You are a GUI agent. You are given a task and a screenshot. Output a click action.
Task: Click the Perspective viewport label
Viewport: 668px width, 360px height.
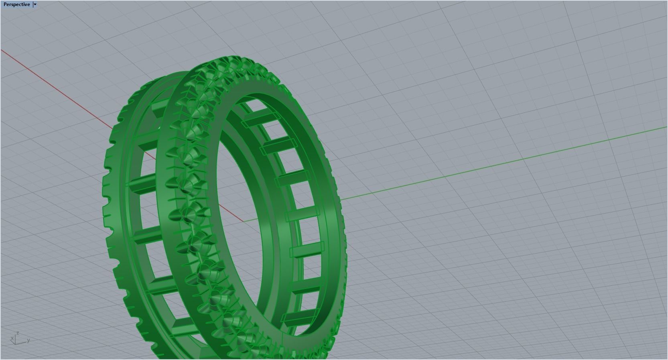pyautogui.click(x=16, y=4)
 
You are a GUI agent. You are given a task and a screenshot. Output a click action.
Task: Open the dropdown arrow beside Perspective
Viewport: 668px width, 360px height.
pyautogui.click(x=35, y=4)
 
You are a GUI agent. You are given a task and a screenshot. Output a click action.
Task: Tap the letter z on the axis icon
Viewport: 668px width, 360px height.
pyautogui.click(x=18, y=333)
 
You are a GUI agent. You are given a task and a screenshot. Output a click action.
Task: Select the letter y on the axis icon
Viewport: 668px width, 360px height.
pyautogui.click(x=28, y=340)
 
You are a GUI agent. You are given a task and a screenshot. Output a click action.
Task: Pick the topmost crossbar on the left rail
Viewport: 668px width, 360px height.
pyautogui.click(x=158, y=108)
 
